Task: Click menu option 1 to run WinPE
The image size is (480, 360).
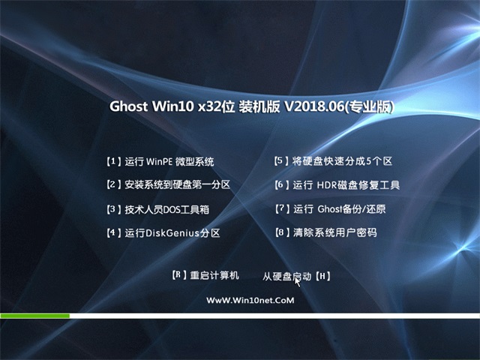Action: tap(160, 161)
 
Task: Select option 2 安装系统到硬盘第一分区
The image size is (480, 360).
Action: tap(168, 184)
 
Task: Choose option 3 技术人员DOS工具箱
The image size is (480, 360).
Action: tap(158, 209)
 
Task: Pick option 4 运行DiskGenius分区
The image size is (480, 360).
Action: tap(163, 233)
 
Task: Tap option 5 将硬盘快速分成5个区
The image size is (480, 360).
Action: tap(333, 161)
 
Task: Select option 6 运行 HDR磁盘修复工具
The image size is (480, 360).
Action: tap(337, 185)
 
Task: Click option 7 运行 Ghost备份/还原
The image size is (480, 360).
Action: tap(330, 209)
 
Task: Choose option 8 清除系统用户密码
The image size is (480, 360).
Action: tap(325, 232)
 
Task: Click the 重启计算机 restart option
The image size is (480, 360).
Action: tap(214, 275)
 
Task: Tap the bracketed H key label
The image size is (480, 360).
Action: tap(322, 277)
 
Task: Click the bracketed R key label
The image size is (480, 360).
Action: tap(179, 275)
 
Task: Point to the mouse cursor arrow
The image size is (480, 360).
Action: tap(297, 282)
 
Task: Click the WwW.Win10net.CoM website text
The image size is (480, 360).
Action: tap(250, 300)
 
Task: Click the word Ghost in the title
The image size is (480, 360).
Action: tap(128, 106)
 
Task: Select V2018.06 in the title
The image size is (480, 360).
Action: tap(315, 106)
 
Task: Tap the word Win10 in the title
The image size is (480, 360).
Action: tap(173, 106)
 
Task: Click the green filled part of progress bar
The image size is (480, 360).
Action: tap(35, 316)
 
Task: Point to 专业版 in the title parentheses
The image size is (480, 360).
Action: tap(370, 106)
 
